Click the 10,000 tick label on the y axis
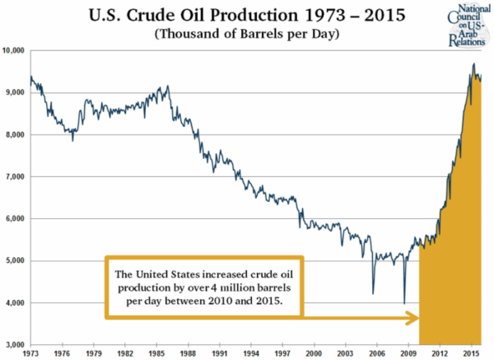click(13, 51)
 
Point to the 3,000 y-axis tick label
click(15, 345)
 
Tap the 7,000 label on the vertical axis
click(15, 177)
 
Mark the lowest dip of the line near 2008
click(403, 302)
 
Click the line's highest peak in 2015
click(473, 64)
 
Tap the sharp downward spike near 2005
click(373, 293)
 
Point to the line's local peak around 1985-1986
click(168, 86)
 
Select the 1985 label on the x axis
click(156, 353)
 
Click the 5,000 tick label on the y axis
click(15, 261)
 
